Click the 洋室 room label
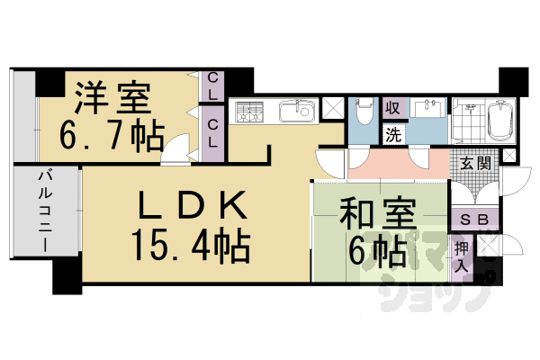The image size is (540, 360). tap(113, 95)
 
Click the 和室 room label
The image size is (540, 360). tap(378, 218)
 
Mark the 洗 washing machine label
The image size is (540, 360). tap(393, 135)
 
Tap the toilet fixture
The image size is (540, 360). tap(365, 113)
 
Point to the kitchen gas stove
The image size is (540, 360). tap(249, 113)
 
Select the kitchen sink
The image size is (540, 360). tap(294, 112)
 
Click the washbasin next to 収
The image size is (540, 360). tap(427, 108)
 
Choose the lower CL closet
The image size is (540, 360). tap(213, 132)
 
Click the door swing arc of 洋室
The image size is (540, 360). tap(177, 144)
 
